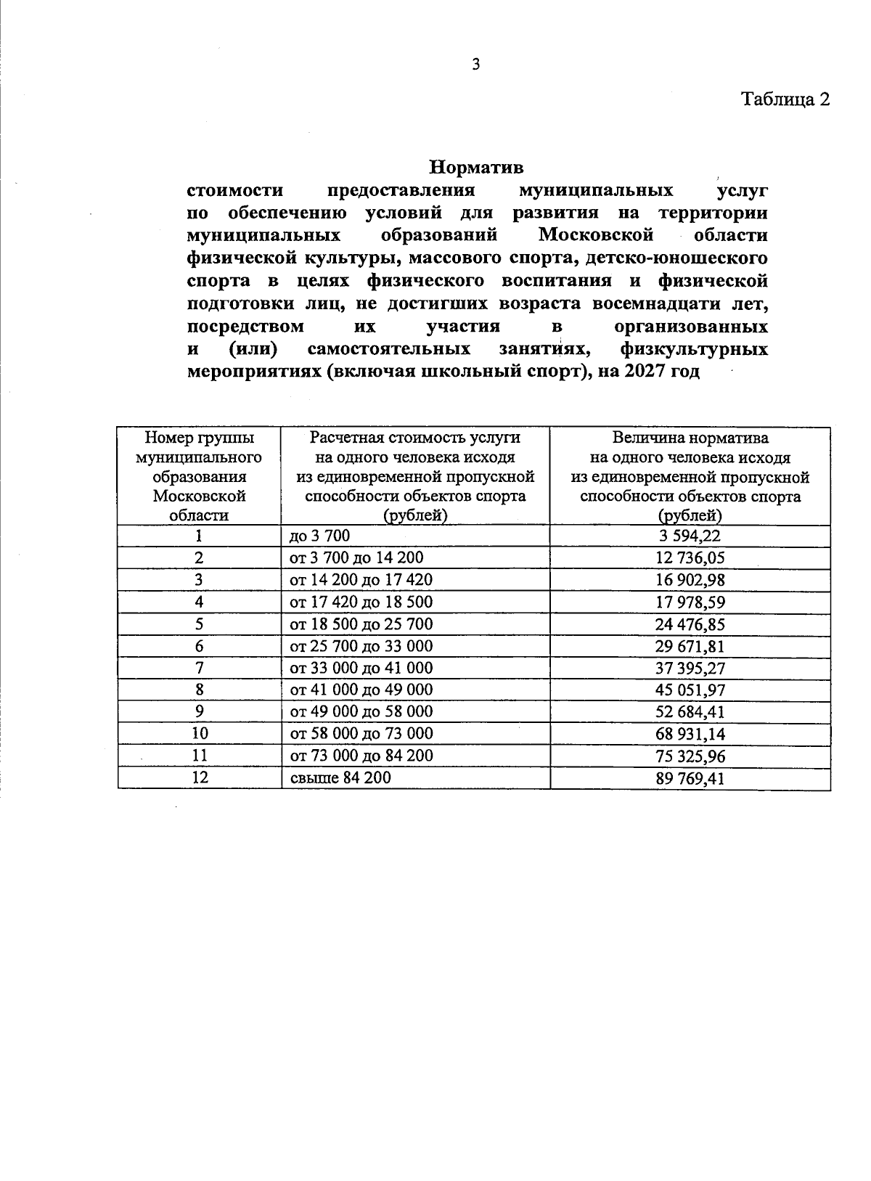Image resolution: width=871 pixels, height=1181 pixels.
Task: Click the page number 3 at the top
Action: click(476, 65)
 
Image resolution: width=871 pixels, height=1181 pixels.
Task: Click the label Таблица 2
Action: click(784, 99)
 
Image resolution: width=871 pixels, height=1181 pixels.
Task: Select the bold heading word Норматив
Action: click(476, 168)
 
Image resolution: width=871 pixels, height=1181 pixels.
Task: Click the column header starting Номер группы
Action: click(200, 476)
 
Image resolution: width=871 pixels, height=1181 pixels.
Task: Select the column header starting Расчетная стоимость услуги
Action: click(415, 476)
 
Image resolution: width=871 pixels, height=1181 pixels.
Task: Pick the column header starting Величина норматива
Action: click(690, 476)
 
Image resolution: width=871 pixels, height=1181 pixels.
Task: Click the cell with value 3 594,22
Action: click(690, 536)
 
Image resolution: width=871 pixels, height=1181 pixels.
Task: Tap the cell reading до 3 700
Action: click(320, 536)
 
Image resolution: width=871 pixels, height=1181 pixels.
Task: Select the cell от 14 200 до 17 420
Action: click(361, 579)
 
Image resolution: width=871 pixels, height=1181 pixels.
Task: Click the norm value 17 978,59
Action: click(690, 602)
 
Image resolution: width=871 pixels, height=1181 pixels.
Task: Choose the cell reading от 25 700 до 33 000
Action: click(361, 646)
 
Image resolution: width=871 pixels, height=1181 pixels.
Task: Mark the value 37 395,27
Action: click(690, 669)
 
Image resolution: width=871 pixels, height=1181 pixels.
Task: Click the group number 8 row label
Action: click(200, 690)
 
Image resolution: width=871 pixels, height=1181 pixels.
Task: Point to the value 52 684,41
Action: click(690, 712)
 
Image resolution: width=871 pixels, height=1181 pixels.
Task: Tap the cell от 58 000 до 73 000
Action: click(361, 733)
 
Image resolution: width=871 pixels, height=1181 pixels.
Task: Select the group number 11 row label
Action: click(200, 755)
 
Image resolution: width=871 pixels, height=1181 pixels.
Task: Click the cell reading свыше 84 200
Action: click(340, 777)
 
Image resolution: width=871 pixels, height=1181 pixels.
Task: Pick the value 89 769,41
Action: click(690, 779)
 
